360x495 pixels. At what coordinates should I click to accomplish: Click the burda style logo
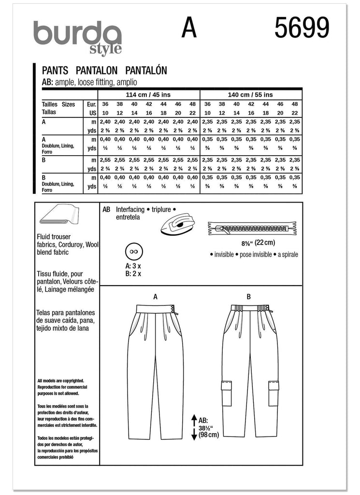click(77, 36)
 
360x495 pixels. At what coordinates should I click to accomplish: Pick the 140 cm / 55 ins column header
click(250, 95)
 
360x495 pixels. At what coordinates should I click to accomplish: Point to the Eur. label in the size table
click(91, 104)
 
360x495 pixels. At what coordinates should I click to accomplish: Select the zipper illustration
click(252, 225)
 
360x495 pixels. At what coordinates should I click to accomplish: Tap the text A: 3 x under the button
click(133, 266)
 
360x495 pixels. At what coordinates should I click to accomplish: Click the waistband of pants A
click(156, 308)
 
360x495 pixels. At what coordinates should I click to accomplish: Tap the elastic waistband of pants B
click(249, 308)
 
